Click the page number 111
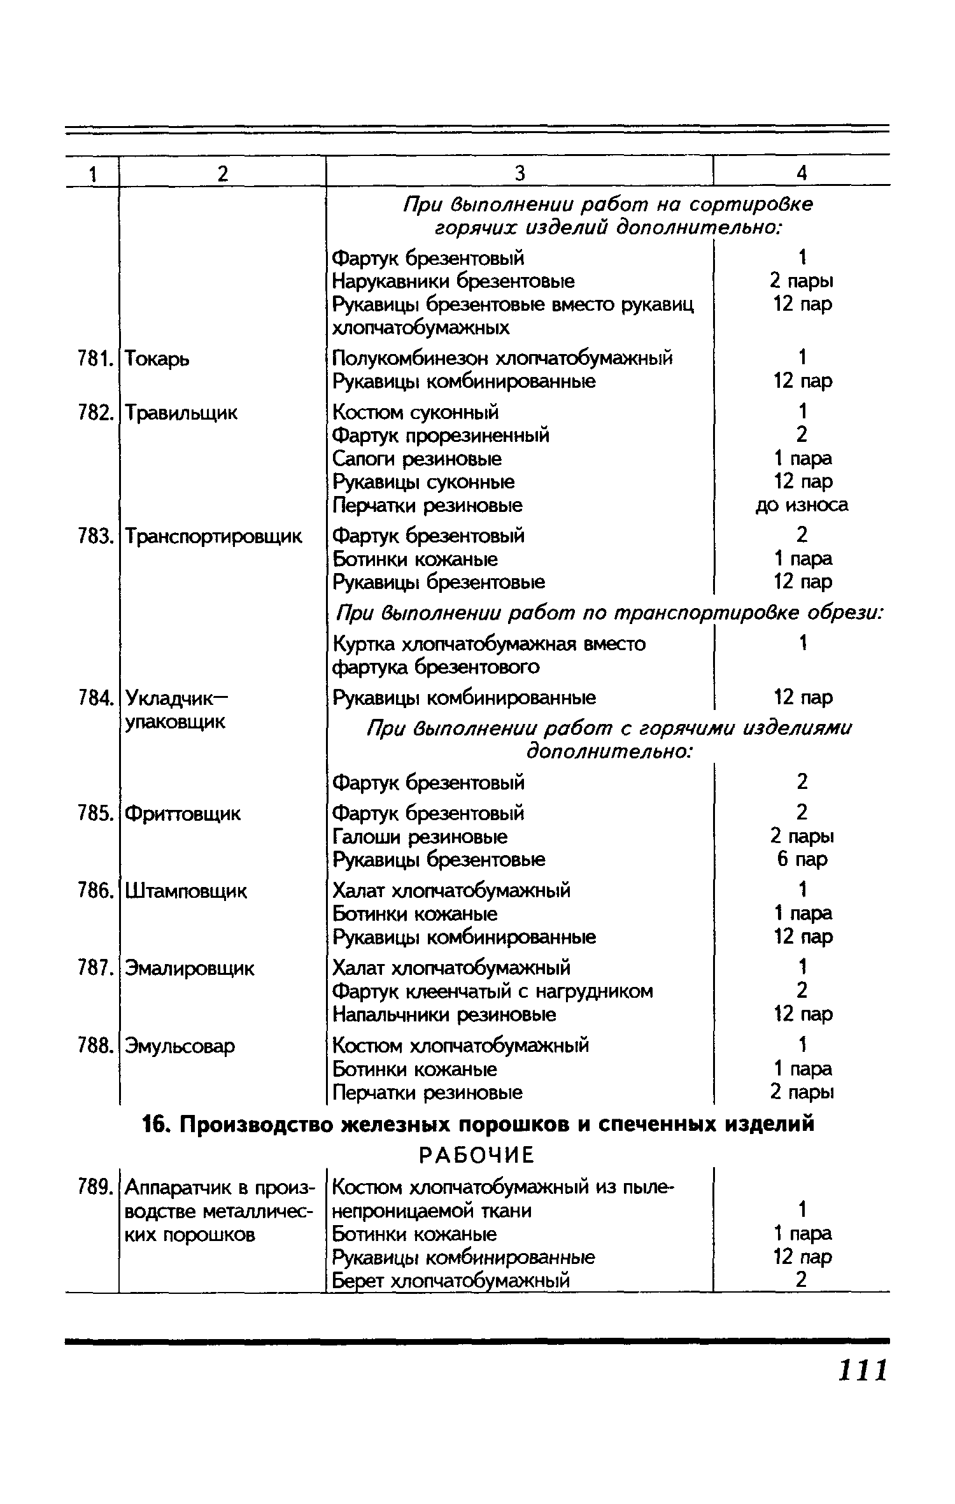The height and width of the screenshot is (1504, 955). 863,1371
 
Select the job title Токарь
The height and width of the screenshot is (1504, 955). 157,360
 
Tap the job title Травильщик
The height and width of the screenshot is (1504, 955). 181,413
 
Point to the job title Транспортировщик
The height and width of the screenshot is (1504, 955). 213,537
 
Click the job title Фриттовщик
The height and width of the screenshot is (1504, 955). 183,814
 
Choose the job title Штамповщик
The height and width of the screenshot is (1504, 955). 186,891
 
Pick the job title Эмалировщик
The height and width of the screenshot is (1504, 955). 189,968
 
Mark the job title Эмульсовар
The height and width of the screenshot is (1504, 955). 180,1046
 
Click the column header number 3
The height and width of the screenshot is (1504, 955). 520,173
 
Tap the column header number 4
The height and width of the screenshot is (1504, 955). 802,173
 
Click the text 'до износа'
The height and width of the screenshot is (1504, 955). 802,505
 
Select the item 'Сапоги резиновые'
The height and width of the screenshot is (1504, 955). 417,459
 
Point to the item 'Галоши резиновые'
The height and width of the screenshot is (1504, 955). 420,837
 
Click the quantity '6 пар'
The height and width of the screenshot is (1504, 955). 802,860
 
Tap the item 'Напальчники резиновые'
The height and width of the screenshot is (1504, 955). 444,1014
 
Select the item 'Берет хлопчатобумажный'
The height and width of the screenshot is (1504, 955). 451,1280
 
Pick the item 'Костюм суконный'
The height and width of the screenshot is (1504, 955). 416,413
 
